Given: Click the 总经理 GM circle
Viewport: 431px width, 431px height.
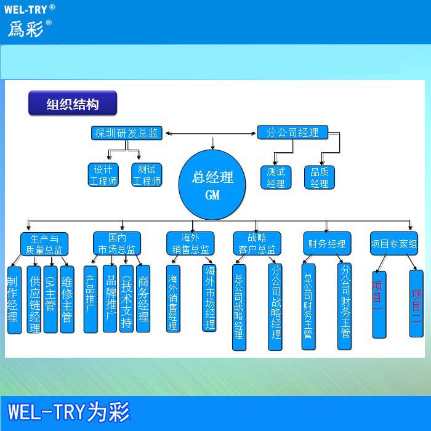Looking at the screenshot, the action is (x=212, y=186).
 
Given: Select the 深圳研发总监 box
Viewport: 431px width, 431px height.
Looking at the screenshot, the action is (x=126, y=132).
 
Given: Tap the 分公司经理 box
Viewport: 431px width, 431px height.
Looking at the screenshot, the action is (x=292, y=132).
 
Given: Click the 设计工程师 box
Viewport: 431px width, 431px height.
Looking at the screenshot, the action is (x=103, y=175).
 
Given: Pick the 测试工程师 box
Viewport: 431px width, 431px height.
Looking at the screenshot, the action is (x=147, y=175).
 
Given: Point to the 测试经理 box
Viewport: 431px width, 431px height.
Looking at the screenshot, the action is (x=276, y=177).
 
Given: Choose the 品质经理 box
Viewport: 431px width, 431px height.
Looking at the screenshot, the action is (x=320, y=177).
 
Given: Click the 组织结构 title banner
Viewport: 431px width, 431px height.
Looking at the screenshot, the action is (x=73, y=104).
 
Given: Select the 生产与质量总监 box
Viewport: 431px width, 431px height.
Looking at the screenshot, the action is (x=44, y=244).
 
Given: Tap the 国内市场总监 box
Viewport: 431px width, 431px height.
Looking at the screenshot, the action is (x=117, y=244).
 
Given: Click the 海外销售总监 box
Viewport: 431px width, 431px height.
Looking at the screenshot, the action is (x=190, y=244).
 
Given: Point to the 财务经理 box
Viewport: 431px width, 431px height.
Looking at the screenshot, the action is (x=327, y=243).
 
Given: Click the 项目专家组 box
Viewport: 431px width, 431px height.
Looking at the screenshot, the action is (x=394, y=243).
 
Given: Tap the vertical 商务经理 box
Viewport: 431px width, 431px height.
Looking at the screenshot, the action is (x=143, y=299).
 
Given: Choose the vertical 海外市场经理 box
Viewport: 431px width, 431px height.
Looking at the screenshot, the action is (x=210, y=298).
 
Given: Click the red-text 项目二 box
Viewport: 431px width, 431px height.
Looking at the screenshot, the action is (x=417, y=304).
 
